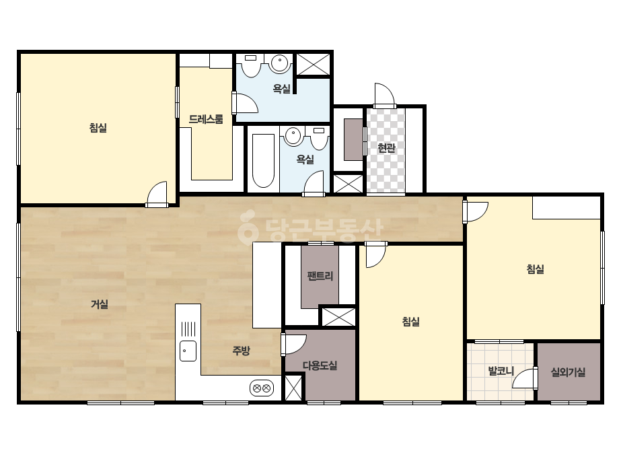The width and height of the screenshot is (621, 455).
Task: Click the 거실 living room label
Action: pyautogui.click(x=100, y=304)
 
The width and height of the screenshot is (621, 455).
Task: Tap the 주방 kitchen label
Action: pyautogui.click(x=241, y=351)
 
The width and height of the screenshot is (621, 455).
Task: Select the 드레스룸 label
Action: pyautogui.click(x=206, y=119)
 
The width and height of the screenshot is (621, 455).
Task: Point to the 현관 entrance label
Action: pyautogui.click(x=386, y=148)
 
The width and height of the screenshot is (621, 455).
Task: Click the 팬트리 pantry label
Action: pyautogui.click(x=320, y=276)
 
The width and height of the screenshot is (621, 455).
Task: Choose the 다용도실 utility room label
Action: pyautogui.click(x=320, y=365)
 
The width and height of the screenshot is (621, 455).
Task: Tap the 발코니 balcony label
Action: pyautogui.click(x=501, y=372)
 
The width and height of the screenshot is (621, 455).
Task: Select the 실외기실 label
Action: pyautogui.click(x=569, y=372)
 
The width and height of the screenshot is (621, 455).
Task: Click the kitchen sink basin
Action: pyautogui.click(x=188, y=351)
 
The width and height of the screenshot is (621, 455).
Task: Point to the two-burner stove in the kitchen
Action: pyautogui.click(x=262, y=388)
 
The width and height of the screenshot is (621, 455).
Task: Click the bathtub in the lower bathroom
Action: pyautogui.click(x=263, y=161)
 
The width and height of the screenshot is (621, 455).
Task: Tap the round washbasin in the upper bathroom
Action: pyautogui.click(x=280, y=63)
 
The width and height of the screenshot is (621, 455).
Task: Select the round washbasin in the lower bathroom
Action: pyautogui.click(x=293, y=136)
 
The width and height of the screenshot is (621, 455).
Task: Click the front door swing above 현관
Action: pyautogui.click(x=385, y=95)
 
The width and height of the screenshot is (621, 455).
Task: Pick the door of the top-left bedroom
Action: pyautogui.click(x=157, y=194)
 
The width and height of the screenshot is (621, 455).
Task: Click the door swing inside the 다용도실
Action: pyautogui.click(x=294, y=344)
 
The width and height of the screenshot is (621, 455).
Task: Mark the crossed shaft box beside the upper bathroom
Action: pyautogui.click(x=314, y=65)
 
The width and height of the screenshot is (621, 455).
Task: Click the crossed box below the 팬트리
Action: pyautogui.click(x=338, y=317)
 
